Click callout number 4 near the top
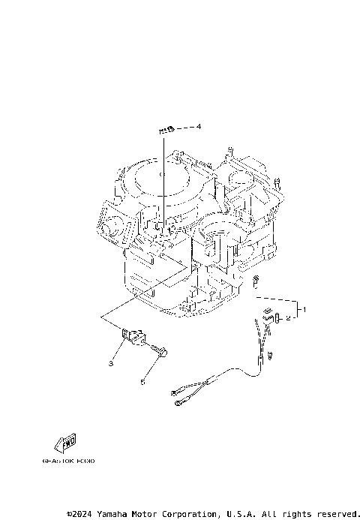pyautogui.click(x=199, y=127)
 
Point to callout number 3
pyautogui.click(x=110, y=363)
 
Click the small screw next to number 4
pyautogui.click(x=166, y=130)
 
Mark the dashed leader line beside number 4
pyautogui.click(x=184, y=128)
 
